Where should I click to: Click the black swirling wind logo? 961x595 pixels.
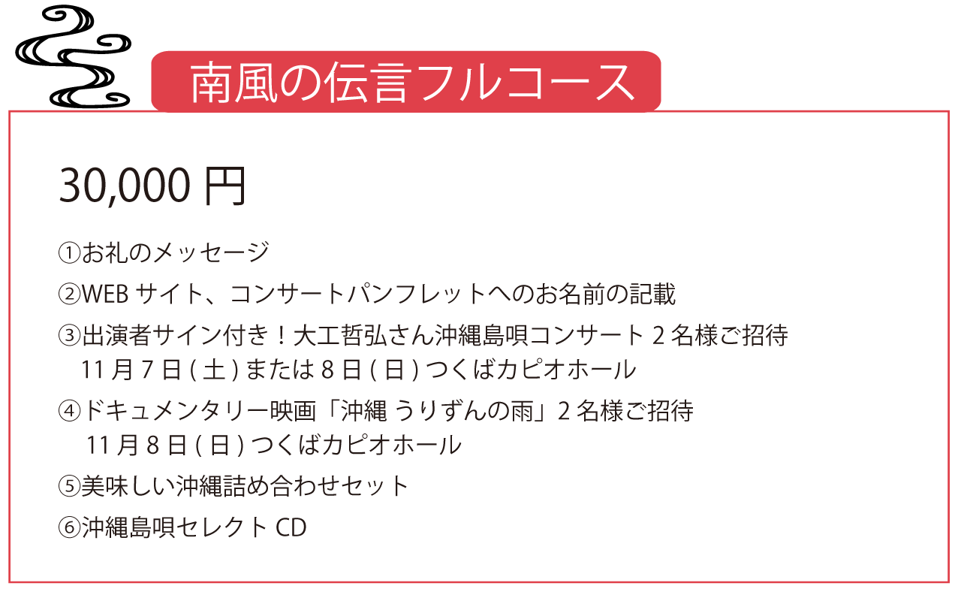pos(73,56)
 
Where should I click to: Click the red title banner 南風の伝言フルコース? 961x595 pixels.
pos(406,82)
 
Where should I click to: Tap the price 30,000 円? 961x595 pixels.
pos(152,186)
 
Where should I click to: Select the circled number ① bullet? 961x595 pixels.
pos(69,252)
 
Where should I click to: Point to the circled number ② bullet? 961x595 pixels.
pos(69,294)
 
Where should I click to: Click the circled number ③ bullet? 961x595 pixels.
pos(69,335)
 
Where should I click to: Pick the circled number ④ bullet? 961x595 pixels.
pos(69,411)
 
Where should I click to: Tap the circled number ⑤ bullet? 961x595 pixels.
pos(69,486)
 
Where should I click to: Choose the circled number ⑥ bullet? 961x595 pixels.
pos(69,527)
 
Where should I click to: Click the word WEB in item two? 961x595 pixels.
pos(105,294)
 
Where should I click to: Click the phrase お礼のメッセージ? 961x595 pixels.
pos(176,252)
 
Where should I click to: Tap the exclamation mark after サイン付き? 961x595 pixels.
pos(282,335)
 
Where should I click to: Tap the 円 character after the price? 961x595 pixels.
pos(225,186)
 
